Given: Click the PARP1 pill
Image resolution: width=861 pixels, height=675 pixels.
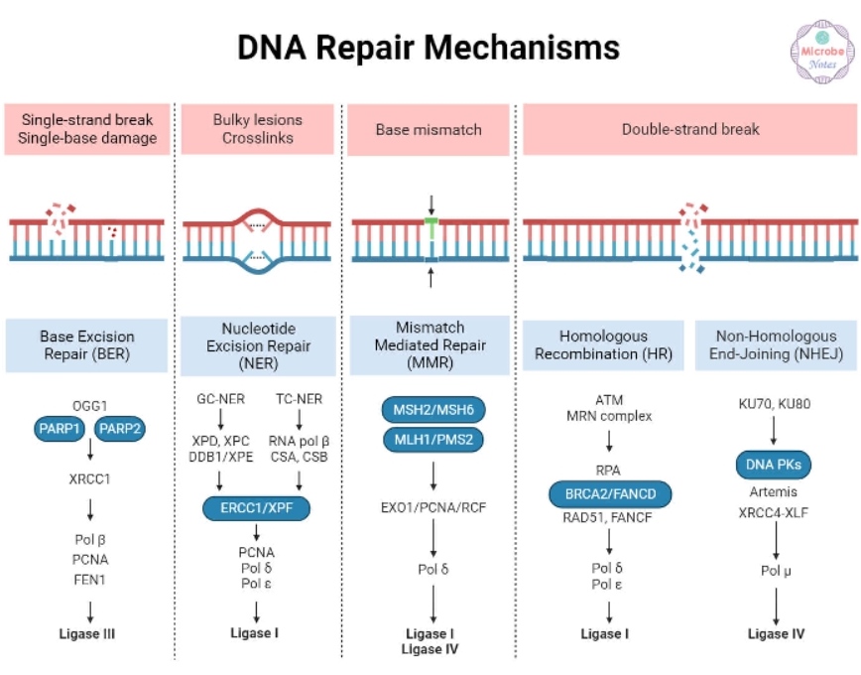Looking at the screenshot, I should click(59, 429).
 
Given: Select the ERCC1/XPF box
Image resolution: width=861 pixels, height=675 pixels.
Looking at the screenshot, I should click(257, 509).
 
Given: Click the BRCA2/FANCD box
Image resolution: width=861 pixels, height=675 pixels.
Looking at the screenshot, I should click(609, 493).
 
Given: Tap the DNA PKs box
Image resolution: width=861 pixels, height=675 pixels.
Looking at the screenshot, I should click(775, 463).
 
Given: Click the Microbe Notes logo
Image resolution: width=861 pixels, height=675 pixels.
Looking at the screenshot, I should click(822, 49).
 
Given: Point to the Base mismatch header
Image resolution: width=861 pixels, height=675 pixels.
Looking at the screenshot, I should click(429, 129).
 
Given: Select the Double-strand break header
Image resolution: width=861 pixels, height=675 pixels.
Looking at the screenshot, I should click(690, 129).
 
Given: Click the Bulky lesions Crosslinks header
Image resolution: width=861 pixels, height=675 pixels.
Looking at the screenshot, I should click(258, 129).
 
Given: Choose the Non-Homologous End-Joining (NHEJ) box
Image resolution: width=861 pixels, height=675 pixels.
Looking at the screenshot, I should click(775, 344).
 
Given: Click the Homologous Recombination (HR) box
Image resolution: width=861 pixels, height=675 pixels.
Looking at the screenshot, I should click(602, 344).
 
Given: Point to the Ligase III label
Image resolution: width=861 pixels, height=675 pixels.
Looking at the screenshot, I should click(87, 633).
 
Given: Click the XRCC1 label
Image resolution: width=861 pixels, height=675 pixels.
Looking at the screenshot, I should click(89, 477).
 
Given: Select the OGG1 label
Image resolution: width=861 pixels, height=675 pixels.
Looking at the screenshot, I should click(89, 405).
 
